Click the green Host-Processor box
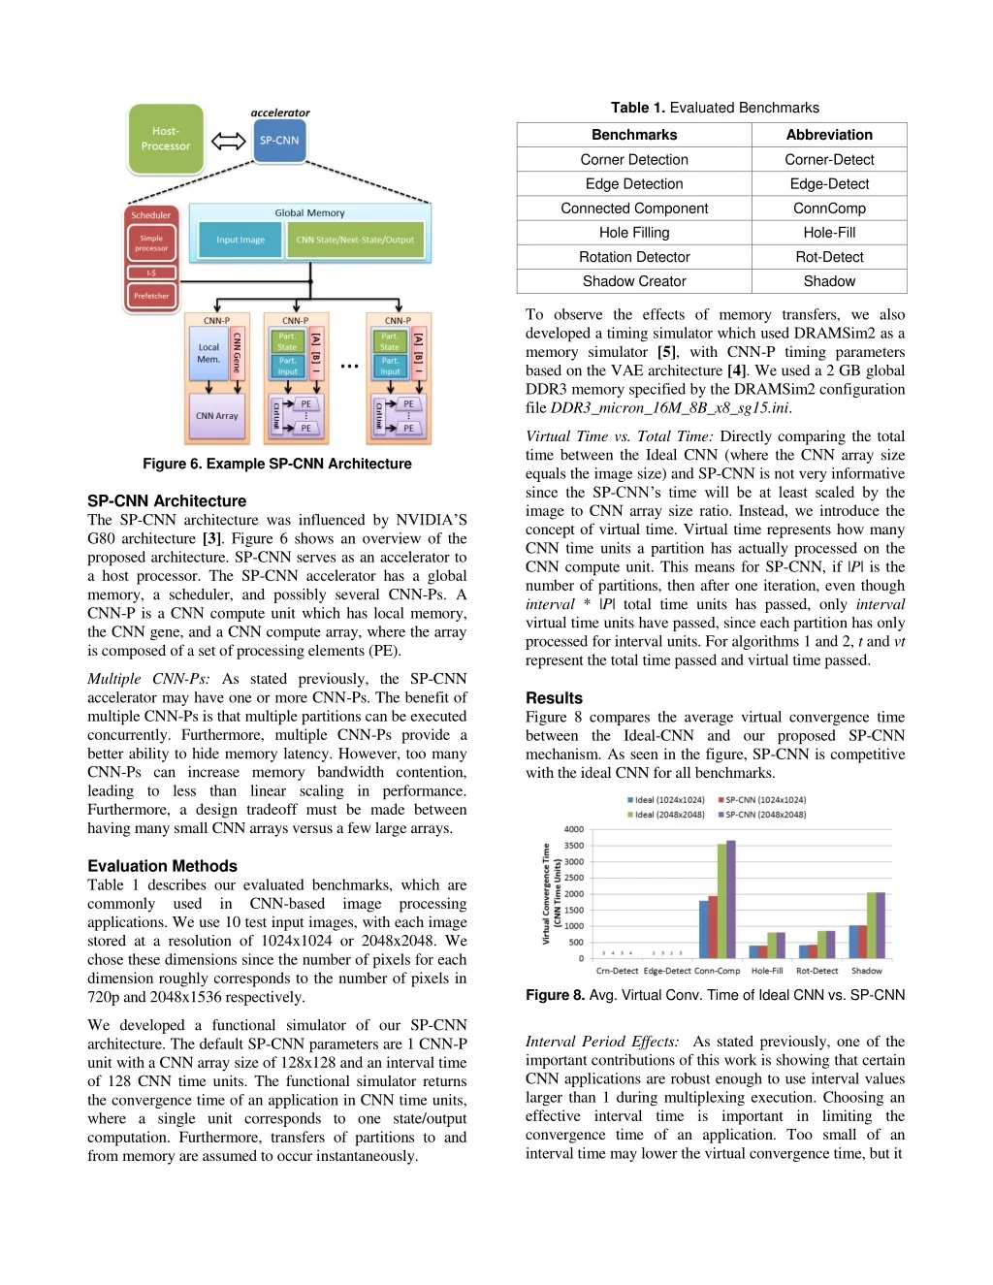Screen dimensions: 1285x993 (x=166, y=139)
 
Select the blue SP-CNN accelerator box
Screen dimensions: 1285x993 (x=279, y=142)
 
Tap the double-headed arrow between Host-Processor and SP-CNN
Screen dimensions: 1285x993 (x=229, y=142)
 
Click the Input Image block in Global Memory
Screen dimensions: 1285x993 (x=240, y=240)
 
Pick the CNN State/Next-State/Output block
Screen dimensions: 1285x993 (x=355, y=240)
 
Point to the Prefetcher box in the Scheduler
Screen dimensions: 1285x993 (x=151, y=296)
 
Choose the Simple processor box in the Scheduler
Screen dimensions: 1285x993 (x=151, y=243)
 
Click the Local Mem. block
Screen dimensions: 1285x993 (x=208, y=353)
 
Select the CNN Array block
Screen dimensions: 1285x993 (x=216, y=416)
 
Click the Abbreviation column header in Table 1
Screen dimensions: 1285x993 (x=829, y=135)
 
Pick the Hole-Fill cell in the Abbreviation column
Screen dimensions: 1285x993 (x=829, y=233)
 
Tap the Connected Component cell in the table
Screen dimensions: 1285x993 (x=634, y=209)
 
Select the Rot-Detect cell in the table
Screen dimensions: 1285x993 (x=829, y=257)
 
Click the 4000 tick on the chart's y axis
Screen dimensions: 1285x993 (x=574, y=829)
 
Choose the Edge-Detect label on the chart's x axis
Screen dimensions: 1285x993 (x=667, y=971)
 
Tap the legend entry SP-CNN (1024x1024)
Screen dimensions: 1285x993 (x=762, y=800)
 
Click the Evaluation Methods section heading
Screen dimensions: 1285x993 (x=162, y=866)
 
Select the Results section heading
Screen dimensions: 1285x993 (x=554, y=698)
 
